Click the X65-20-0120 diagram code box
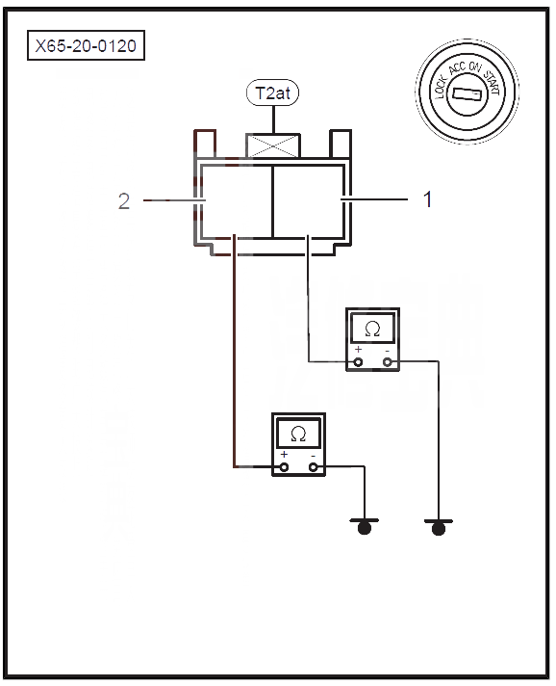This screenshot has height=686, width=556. (86, 45)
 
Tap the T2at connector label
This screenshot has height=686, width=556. (272, 92)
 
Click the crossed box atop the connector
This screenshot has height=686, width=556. (273, 145)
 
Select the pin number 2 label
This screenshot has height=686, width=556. (124, 201)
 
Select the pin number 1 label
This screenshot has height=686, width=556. (428, 199)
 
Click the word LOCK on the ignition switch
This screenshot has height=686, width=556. (442, 86)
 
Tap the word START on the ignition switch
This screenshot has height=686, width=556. (493, 82)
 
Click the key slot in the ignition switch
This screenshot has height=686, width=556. (467, 93)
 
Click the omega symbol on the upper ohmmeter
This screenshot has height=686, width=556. (372, 329)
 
